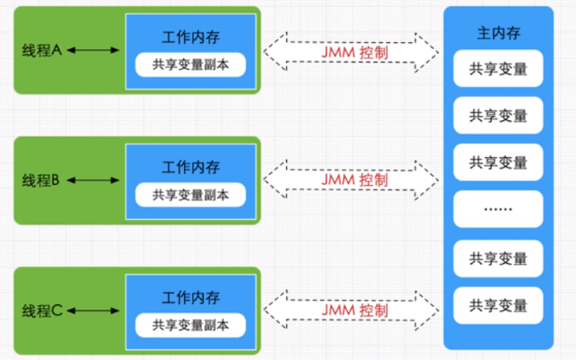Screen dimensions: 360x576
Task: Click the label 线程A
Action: (x=41, y=51)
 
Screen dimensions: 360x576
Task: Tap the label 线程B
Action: (x=40, y=180)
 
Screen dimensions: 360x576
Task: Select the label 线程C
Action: (x=41, y=311)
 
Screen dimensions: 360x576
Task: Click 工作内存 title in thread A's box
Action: (x=191, y=37)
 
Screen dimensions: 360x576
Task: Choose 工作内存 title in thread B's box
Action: (x=191, y=167)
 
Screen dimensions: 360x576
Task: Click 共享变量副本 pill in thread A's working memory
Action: (x=191, y=65)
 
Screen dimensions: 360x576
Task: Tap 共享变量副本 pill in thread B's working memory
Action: (x=191, y=194)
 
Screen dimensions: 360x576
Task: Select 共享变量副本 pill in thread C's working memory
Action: (x=191, y=324)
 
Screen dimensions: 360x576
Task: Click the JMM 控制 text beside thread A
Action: (x=354, y=51)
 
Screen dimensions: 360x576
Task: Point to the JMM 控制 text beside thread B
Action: (x=354, y=180)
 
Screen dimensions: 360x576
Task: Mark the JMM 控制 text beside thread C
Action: (x=354, y=311)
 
